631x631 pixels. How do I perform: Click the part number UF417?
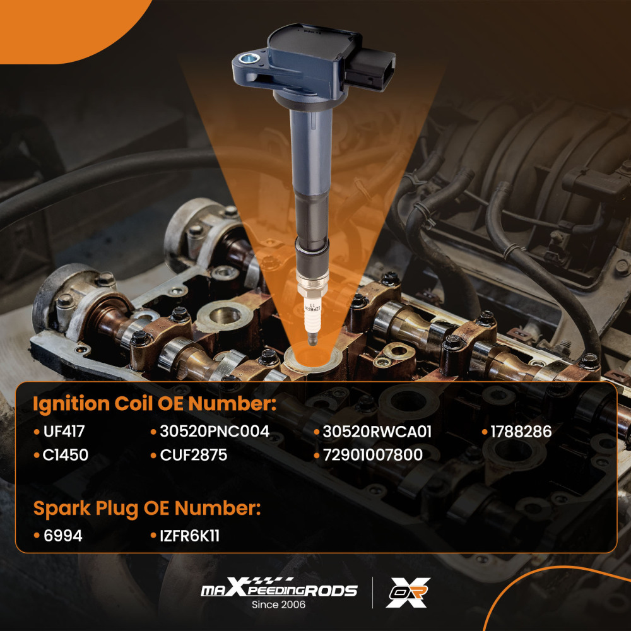coord(64,432)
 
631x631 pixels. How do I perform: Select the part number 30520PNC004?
coord(215,432)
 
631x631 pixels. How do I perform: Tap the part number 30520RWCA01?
coord(377,432)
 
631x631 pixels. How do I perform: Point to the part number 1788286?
coord(521,432)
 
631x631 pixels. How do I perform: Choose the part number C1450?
coord(66,455)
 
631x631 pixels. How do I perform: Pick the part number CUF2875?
coord(194,455)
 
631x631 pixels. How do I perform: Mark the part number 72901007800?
coord(373,455)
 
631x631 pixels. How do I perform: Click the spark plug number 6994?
coord(62,536)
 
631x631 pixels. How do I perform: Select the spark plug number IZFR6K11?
coord(189,536)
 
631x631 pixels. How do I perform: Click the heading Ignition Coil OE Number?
coord(155,404)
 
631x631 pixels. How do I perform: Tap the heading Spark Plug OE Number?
coord(147,509)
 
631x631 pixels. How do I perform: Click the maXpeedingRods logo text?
coord(279,587)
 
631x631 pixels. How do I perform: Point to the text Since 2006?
coord(278,604)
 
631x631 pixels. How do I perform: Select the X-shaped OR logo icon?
coord(408,593)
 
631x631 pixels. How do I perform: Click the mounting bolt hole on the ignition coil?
coord(247,59)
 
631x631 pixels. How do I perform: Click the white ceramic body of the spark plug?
coord(312,316)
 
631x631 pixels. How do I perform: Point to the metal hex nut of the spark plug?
coord(312,286)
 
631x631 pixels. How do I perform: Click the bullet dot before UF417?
coord(37,432)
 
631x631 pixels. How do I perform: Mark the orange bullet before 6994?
coord(37,536)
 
